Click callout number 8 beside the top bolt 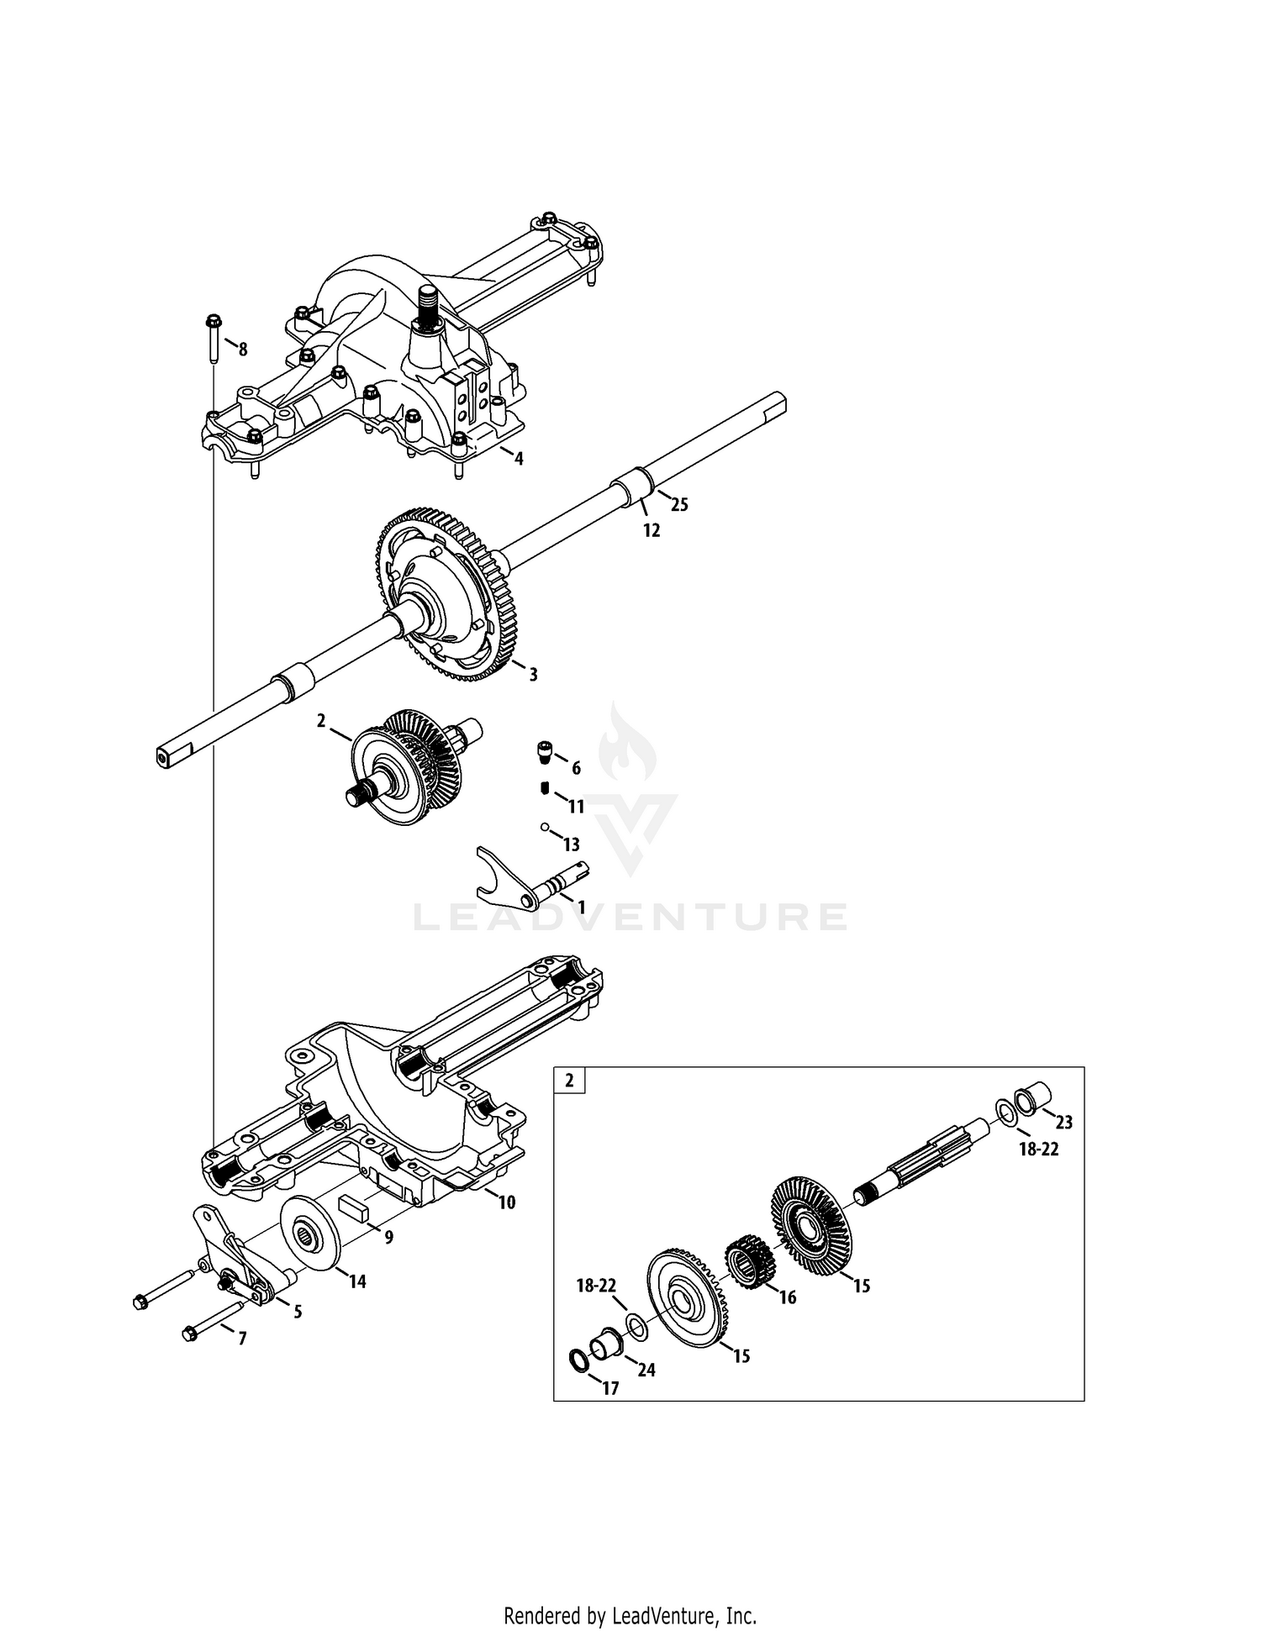(243, 350)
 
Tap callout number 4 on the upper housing (519, 459)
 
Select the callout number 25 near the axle (679, 504)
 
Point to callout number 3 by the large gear (532, 674)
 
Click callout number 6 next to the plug (576, 768)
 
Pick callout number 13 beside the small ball (572, 844)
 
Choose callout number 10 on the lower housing (506, 1202)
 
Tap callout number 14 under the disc (357, 1282)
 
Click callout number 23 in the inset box (1064, 1122)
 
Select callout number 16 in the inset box (787, 1297)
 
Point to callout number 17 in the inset (610, 1389)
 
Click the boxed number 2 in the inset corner (569, 1081)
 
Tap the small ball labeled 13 (544, 827)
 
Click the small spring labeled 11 (544, 787)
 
